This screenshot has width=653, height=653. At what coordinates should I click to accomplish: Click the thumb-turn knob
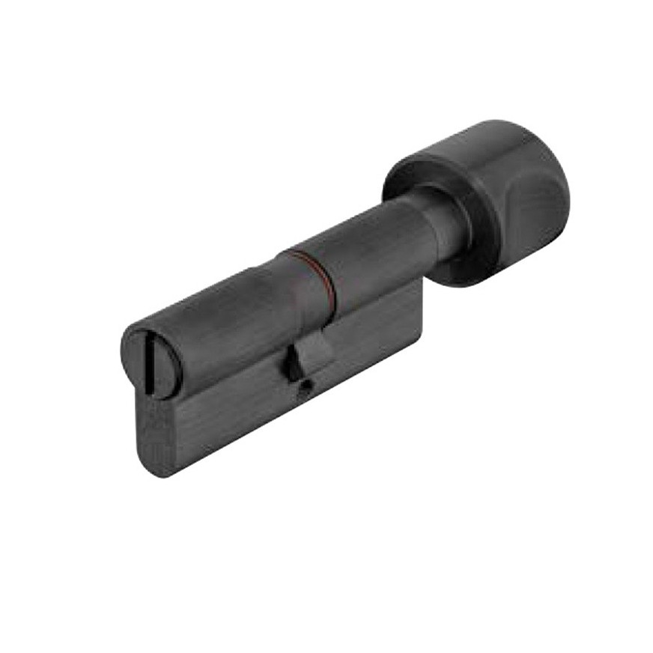tap(487, 195)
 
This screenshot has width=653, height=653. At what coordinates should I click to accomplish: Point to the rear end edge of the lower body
tap(419, 315)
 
